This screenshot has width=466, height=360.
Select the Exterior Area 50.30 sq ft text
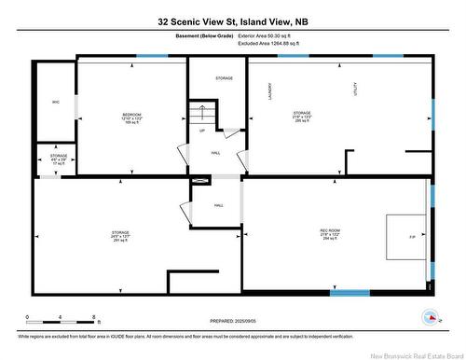(270, 36)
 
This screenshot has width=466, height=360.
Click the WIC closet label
(56, 102)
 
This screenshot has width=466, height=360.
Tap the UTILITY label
(354, 90)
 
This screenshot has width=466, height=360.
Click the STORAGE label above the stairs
(225, 78)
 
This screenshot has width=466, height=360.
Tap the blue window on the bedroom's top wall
(151, 57)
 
